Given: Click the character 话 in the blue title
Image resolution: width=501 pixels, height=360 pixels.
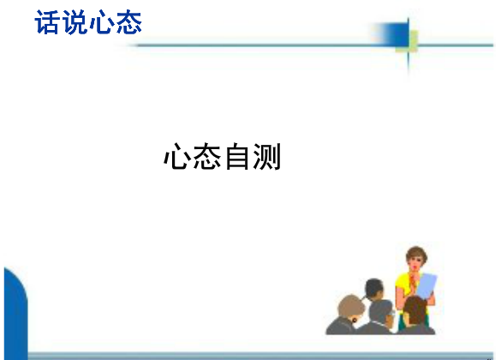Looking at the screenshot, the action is pos(46,22).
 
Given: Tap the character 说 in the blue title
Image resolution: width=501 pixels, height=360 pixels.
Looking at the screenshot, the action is pos(75,22).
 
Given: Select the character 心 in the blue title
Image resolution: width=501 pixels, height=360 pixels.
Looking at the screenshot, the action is pos(101,22).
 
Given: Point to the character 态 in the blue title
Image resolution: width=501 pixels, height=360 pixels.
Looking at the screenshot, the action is pos(128,22).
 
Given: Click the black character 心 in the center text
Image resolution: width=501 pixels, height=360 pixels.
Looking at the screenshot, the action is pos(176,156).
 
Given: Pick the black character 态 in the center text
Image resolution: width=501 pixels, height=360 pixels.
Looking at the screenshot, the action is pos(206,156).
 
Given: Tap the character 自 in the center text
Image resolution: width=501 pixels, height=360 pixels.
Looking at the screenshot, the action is pos(237,156).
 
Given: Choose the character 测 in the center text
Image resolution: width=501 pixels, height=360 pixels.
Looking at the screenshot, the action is pos(267,156).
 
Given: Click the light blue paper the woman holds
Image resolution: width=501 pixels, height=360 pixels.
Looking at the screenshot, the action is pos(426,286).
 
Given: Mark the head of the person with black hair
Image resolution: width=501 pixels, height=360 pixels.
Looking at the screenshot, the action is pos(374,289).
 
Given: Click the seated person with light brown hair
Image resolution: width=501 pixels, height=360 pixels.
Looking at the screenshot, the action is pos(346,315).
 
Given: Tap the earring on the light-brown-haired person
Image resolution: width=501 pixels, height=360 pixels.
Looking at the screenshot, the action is pos(355,320).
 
